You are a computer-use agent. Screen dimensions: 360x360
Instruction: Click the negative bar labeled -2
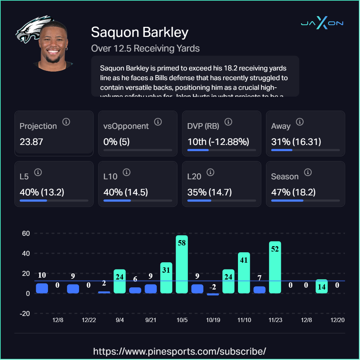[x=213, y=294]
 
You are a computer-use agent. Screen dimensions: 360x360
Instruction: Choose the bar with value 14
[x=321, y=287]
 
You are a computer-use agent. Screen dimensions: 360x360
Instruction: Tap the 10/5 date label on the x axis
[x=182, y=320]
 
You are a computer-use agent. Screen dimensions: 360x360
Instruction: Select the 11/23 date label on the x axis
[x=275, y=320]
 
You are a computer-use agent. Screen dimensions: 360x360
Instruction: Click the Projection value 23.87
[x=31, y=142]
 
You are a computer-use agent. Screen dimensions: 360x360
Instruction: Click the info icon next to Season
[x=307, y=172]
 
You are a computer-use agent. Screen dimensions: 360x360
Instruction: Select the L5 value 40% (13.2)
[x=42, y=192]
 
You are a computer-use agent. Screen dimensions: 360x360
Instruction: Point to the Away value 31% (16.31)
[x=296, y=142]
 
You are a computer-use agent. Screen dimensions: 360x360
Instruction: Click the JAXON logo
[x=322, y=24]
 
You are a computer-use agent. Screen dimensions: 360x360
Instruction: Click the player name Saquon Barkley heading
[x=140, y=32]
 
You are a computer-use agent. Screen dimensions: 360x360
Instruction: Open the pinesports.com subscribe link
[x=180, y=351]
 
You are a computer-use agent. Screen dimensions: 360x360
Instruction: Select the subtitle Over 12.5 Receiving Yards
[x=145, y=48]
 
